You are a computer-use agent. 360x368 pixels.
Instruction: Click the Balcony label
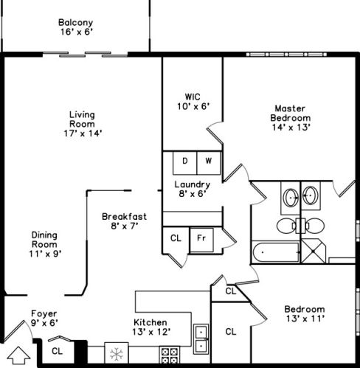(76, 23)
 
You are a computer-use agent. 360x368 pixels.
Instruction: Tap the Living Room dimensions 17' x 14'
(83, 133)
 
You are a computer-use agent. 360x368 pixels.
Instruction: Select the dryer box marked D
(185, 163)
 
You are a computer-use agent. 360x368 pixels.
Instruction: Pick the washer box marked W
(209, 163)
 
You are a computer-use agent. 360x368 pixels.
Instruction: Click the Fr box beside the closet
(201, 240)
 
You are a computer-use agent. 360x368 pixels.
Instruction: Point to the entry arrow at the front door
(18, 355)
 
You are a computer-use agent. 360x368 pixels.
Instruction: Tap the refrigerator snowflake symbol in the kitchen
(117, 354)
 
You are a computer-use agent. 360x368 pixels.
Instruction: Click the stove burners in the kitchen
(170, 355)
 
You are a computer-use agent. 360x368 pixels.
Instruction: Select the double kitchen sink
(201, 339)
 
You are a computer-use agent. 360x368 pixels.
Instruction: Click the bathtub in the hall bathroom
(276, 252)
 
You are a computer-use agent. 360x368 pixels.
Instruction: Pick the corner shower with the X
(314, 251)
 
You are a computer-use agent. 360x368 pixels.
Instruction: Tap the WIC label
(193, 97)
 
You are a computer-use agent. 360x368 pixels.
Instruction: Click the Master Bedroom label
(291, 114)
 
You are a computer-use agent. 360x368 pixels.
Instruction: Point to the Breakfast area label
(124, 217)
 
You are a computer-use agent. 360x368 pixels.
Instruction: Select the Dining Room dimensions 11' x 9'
(45, 254)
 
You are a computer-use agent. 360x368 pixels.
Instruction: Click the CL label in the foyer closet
(58, 351)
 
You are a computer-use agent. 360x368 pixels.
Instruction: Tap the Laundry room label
(193, 184)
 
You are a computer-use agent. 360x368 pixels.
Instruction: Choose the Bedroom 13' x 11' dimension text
(305, 319)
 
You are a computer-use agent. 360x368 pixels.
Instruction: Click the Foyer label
(44, 313)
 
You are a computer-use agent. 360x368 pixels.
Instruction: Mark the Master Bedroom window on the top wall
(286, 55)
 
